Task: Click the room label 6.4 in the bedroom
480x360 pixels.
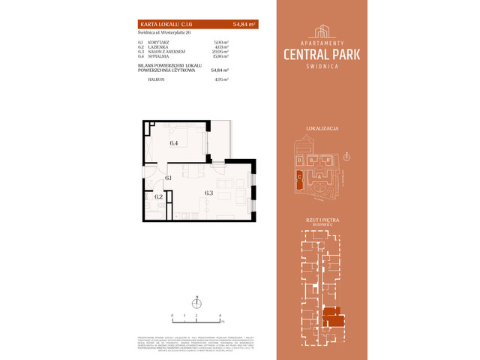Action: click(173, 142)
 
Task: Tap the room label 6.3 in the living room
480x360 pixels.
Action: click(209, 192)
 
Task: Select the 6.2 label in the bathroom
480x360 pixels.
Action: click(158, 197)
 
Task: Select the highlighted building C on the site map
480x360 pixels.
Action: click(299, 178)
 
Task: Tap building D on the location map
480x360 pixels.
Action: click(299, 160)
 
